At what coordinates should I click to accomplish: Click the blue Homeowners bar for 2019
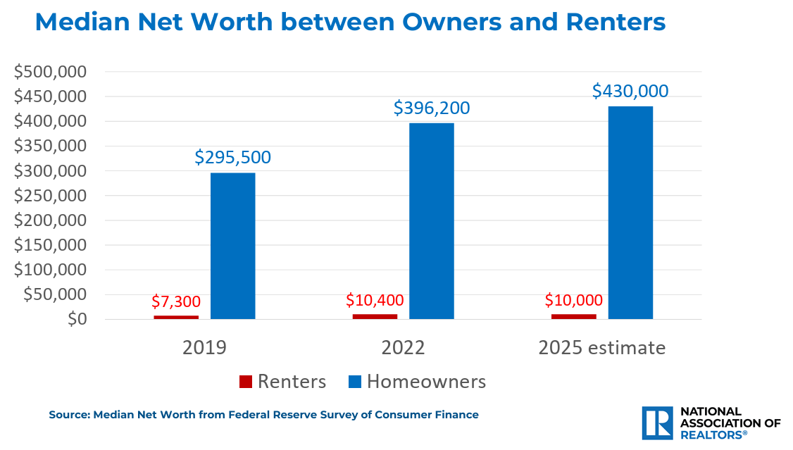(232, 246)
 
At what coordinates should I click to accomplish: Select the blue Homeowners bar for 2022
(431, 221)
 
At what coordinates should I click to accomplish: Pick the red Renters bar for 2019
(176, 317)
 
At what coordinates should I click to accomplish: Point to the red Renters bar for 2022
(375, 316)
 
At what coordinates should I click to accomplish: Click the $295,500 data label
(232, 158)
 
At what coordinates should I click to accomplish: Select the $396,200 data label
(431, 108)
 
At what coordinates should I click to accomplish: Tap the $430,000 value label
(630, 92)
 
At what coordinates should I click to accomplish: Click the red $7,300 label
(176, 301)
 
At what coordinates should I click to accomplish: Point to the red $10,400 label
(375, 299)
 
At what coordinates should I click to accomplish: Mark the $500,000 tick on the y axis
(50, 72)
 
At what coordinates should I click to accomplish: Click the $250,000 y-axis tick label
(50, 196)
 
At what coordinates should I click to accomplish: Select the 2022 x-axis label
(403, 348)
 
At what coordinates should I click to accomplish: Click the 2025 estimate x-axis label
(601, 348)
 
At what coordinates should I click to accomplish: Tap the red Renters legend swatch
(245, 382)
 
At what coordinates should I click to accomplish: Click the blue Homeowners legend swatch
(354, 382)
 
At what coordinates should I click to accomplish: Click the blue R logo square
(658, 423)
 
